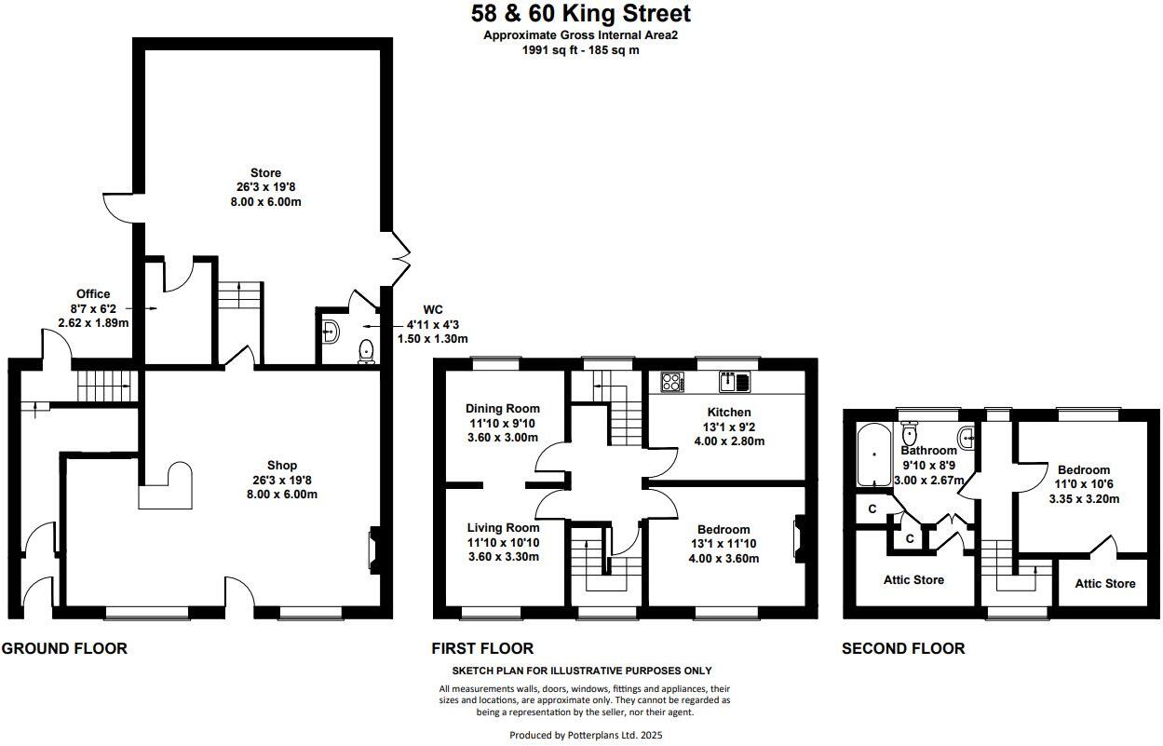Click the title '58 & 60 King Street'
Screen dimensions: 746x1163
[581, 14]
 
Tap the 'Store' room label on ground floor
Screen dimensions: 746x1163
[265, 173]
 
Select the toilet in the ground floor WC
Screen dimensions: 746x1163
[366, 351]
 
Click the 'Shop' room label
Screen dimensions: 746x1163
[281, 466]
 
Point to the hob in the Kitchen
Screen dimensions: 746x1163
[672, 381]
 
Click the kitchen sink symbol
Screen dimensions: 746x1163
[734, 381]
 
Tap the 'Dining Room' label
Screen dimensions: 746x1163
[503, 409]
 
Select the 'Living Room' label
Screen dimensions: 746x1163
[503, 528]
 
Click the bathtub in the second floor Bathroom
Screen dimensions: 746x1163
[873, 455]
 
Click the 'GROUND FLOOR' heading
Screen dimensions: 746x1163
[64, 648]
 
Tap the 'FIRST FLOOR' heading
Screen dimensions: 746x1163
[482, 648]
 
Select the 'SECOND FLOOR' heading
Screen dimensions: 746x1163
[903, 648]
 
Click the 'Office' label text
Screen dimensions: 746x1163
[93, 294]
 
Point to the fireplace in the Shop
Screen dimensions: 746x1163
[373, 549]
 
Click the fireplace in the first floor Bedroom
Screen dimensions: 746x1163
[798, 540]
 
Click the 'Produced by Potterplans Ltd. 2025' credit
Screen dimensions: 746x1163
[586, 735]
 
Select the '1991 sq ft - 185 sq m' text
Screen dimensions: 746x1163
[580, 50]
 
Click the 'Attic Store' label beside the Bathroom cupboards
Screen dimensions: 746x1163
[913, 580]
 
